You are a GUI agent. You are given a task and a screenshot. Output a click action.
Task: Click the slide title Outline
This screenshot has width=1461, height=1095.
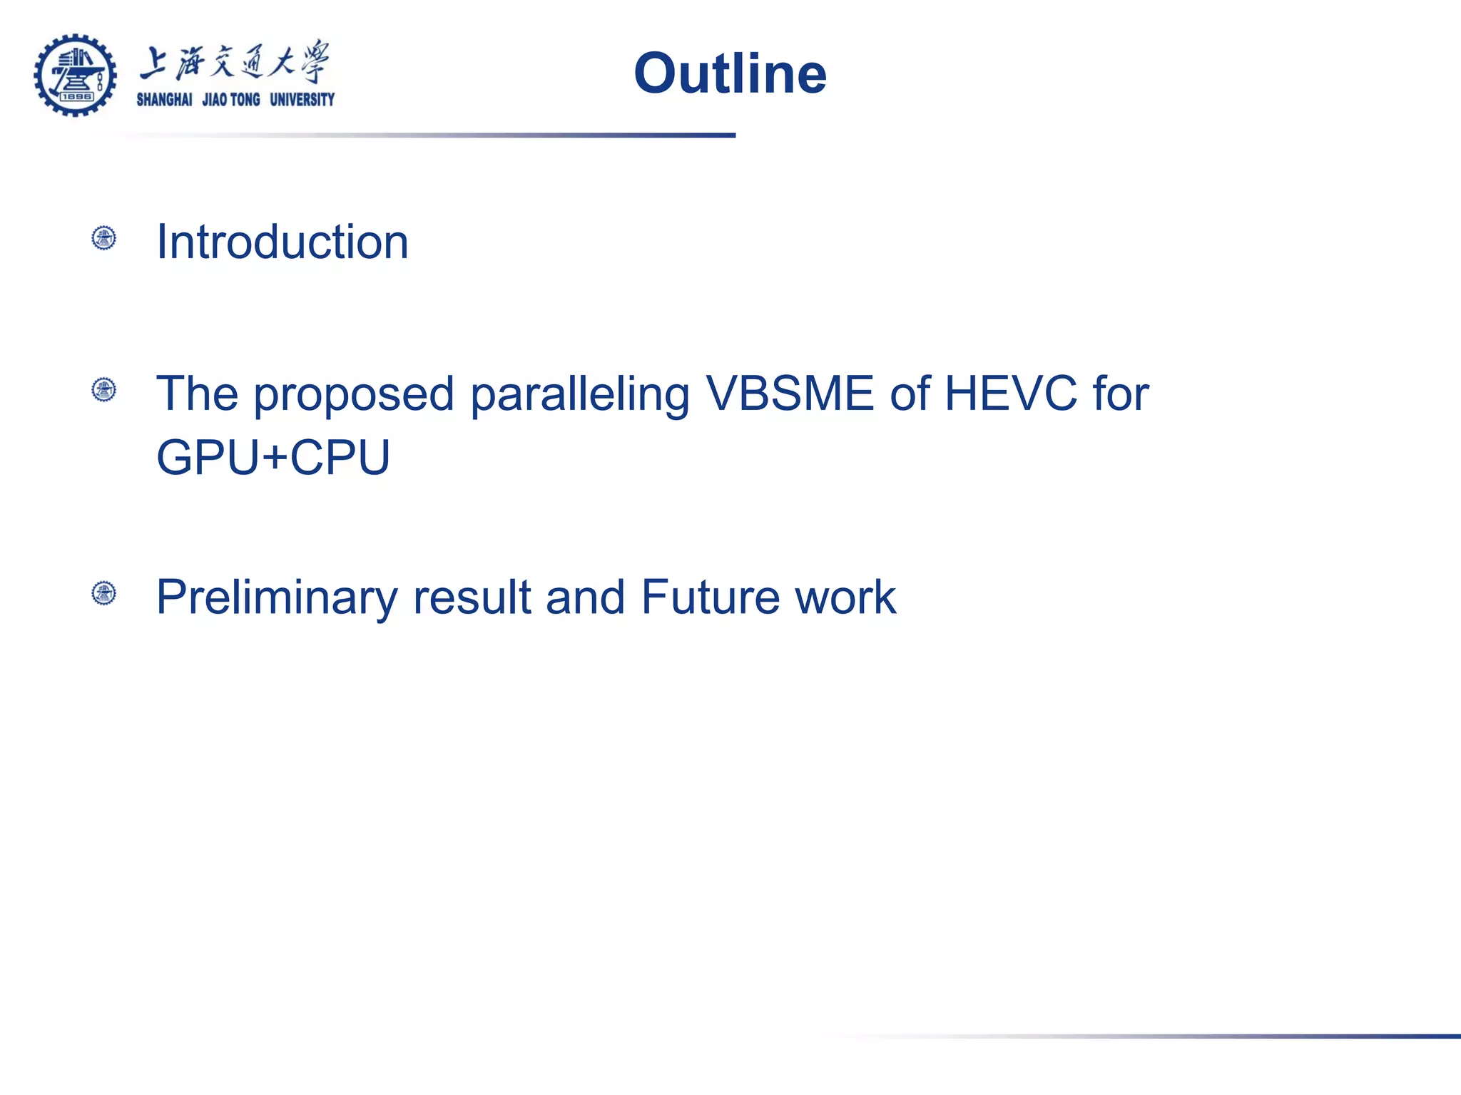(x=730, y=73)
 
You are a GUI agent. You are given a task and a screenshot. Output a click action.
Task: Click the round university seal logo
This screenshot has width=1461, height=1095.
(x=75, y=75)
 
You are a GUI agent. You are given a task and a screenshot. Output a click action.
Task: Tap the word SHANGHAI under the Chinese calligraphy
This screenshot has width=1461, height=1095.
(x=164, y=100)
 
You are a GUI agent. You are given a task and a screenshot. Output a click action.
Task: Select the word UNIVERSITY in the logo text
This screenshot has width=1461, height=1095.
(x=302, y=100)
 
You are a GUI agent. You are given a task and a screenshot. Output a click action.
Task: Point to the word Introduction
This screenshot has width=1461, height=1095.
(x=282, y=242)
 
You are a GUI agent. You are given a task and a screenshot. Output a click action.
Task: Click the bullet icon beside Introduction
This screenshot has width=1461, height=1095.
(x=104, y=238)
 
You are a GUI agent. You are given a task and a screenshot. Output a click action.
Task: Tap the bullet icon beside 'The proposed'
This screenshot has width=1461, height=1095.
(x=104, y=390)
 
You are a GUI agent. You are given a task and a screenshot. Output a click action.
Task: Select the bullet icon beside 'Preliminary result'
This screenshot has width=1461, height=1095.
(x=104, y=593)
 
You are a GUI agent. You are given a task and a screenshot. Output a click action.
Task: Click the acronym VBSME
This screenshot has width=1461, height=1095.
(x=789, y=394)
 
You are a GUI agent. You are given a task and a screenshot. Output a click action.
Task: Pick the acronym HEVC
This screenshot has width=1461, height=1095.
(x=1010, y=394)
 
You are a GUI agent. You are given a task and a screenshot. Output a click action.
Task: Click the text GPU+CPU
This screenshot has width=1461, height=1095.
(x=273, y=458)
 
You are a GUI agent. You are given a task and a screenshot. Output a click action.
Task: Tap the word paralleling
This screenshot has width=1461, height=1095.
(x=579, y=395)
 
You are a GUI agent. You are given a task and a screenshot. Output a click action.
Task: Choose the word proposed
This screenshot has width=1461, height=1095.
(x=354, y=395)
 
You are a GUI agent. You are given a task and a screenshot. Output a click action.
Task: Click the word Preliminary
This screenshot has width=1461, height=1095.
(x=276, y=597)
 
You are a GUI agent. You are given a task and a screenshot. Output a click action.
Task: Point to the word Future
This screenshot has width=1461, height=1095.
(x=710, y=597)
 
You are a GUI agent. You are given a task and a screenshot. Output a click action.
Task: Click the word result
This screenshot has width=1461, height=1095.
(x=472, y=597)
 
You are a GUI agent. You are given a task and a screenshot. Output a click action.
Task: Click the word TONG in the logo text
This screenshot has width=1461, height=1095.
(x=245, y=100)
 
